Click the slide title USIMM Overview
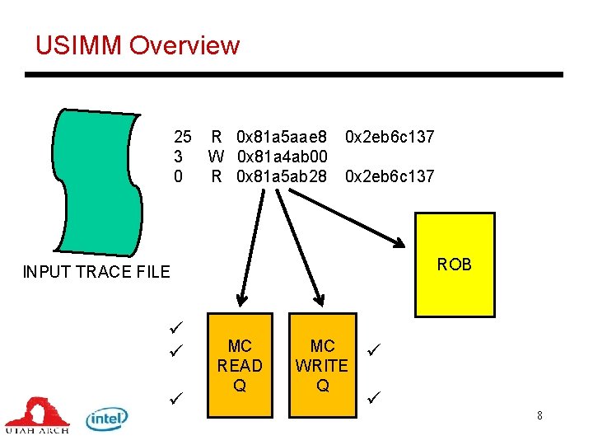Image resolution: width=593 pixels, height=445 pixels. pyautogui.click(x=137, y=45)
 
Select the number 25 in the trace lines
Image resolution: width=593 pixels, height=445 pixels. pyautogui.click(x=182, y=136)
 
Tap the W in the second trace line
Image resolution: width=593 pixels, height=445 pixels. pyautogui.click(x=217, y=156)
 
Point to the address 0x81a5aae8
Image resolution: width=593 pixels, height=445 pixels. pyautogui.click(x=282, y=136)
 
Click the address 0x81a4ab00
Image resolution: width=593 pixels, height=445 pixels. pyautogui.click(x=282, y=156)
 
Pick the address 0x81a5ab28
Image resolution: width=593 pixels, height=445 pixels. pyautogui.click(x=282, y=176)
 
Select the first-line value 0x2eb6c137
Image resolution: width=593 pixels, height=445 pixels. pyautogui.click(x=390, y=136)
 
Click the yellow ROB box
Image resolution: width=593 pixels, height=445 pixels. pyautogui.click(x=455, y=264)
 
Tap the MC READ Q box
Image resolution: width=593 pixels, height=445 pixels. pyautogui.click(x=240, y=365)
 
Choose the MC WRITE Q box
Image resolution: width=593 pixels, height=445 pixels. pyautogui.click(x=322, y=365)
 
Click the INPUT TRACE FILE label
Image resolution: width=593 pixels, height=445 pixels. pyautogui.click(x=96, y=272)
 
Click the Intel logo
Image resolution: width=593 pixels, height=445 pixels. pyautogui.click(x=107, y=419)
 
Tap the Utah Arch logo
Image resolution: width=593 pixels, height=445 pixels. pyautogui.click(x=36, y=415)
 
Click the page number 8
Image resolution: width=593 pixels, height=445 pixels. pyautogui.click(x=539, y=415)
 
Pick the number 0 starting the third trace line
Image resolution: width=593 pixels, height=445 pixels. pyautogui.click(x=178, y=176)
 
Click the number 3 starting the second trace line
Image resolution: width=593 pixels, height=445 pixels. pyautogui.click(x=178, y=156)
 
